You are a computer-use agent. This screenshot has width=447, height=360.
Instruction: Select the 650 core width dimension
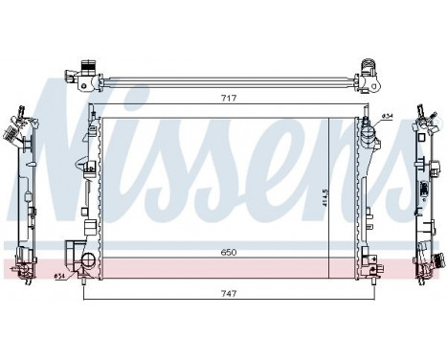click(x=227, y=251)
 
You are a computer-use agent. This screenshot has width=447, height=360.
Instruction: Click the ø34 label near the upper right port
click(x=388, y=117)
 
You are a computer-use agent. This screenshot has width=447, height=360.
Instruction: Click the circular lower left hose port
click(x=88, y=261)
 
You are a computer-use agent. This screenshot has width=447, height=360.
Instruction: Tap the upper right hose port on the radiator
click(x=369, y=122)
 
